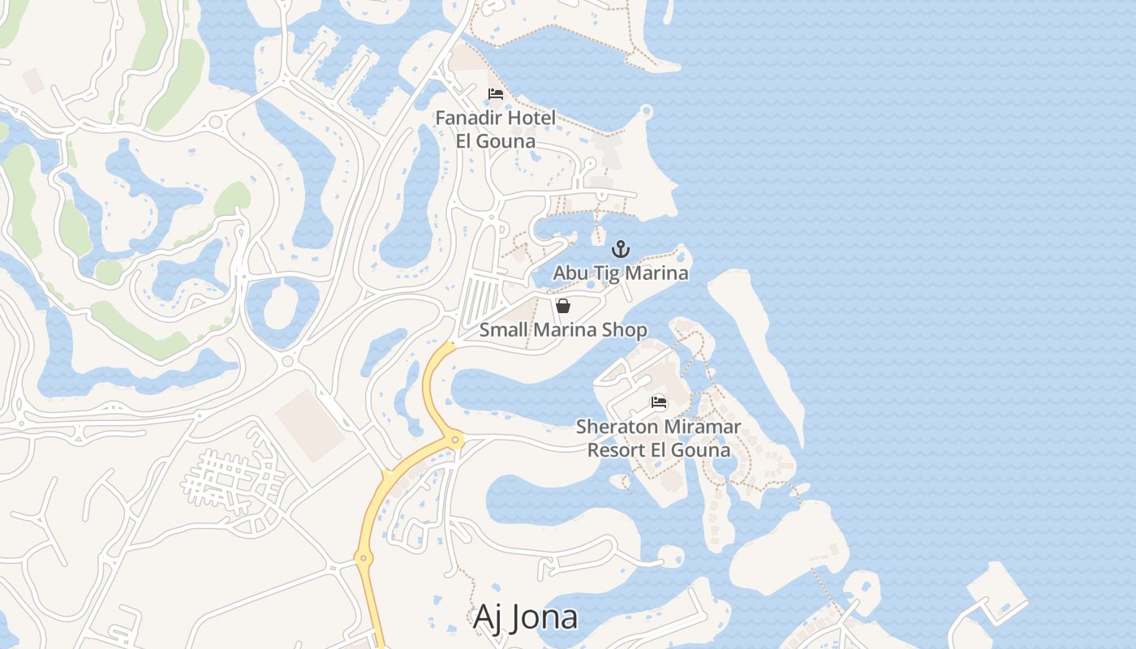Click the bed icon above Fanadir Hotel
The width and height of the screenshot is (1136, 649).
[x=496, y=95]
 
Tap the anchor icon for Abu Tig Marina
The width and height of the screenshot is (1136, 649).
[x=621, y=249]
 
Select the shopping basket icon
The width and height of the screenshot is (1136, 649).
[x=563, y=306]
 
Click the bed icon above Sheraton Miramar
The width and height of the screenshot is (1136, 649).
[x=659, y=402]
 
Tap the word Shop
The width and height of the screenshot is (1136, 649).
[x=625, y=330]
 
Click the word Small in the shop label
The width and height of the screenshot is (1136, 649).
[x=502, y=330]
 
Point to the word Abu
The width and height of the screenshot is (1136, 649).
[x=570, y=273]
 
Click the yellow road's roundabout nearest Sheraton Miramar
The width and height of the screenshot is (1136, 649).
[x=456, y=441]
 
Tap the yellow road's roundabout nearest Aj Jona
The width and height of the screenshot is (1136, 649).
[x=363, y=557]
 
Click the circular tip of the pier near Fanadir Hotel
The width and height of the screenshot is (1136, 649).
[x=647, y=111]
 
